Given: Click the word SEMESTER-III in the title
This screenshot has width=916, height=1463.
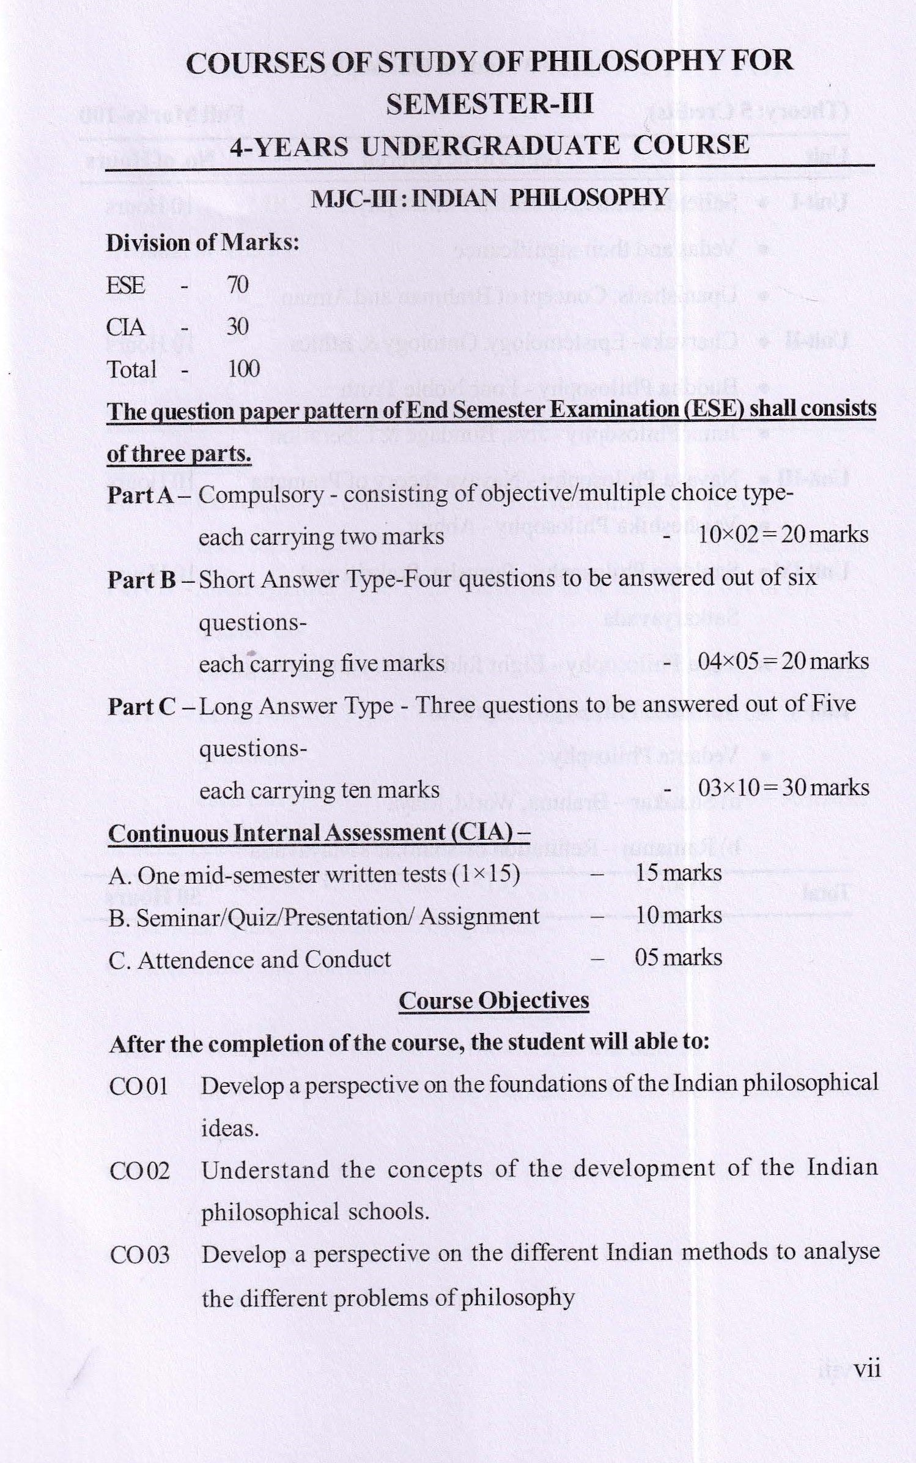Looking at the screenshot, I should pos(489,104).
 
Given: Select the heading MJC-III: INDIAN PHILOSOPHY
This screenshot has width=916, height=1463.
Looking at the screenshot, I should pos(489,198).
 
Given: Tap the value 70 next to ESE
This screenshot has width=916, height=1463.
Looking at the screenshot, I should pos(238,285).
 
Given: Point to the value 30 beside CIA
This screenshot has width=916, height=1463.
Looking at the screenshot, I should pos(238,327).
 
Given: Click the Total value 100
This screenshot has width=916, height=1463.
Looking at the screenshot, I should pos(243,369).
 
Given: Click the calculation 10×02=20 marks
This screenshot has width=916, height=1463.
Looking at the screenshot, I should pos(783,535).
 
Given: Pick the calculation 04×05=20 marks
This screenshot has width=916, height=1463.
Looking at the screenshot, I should pos(783,662).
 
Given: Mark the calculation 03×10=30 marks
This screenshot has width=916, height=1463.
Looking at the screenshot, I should pos(783,788).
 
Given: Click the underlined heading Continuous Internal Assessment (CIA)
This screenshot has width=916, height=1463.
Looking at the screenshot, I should pos(319,833).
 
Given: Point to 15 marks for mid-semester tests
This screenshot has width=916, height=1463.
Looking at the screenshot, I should pos(678,873).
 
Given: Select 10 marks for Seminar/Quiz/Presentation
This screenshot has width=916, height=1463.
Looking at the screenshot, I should pos(678,916).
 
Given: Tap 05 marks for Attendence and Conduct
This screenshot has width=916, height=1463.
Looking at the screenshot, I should pos(678,957).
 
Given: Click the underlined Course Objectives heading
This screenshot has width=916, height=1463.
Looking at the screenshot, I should pos(493,1001).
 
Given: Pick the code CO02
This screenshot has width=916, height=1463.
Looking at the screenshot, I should pos(139,1171).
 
